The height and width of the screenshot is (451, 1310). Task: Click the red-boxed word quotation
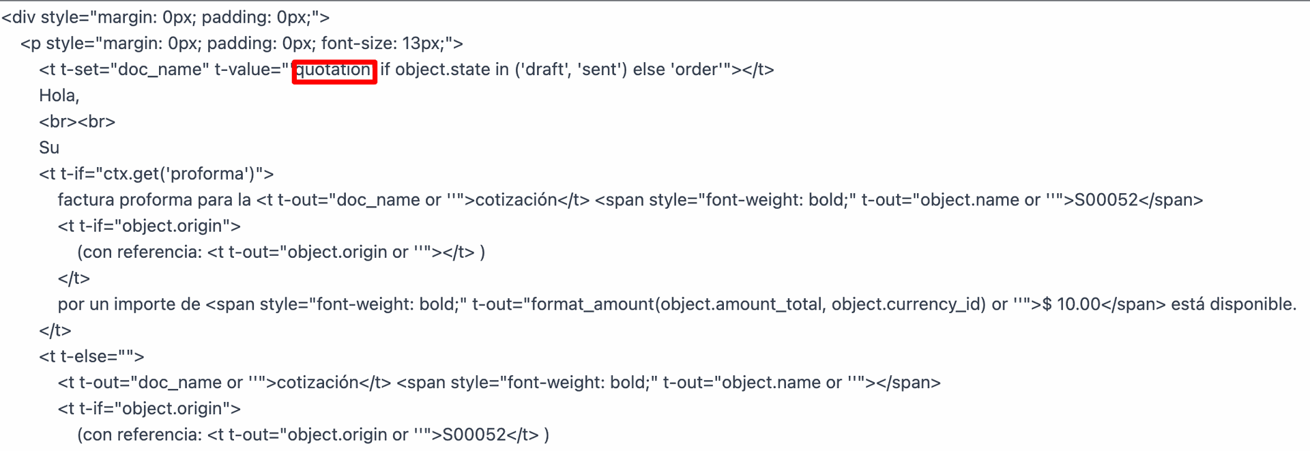(x=334, y=70)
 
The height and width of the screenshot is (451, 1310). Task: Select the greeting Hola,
(x=59, y=96)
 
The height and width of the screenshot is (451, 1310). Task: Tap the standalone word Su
(x=49, y=147)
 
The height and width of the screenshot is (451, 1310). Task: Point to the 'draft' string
(x=544, y=70)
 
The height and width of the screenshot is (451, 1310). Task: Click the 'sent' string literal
(x=599, y=70)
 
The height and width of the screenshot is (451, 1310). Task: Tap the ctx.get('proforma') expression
(x=180, y=174)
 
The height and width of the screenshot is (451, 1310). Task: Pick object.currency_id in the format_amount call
(x=906, y=304)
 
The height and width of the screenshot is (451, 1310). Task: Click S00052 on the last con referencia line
(x=474, y=435)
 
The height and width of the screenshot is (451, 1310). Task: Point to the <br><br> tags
(x=77, y=121)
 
